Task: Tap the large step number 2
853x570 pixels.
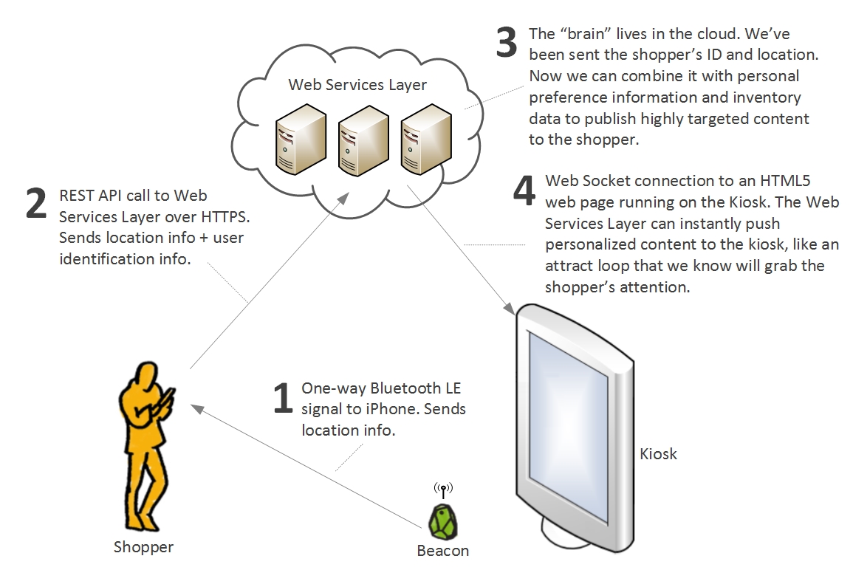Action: pos(36,204)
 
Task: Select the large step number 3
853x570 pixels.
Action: pos(506,42)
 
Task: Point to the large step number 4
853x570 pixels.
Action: pos(524,190)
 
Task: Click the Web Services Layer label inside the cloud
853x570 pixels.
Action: pos(357,85)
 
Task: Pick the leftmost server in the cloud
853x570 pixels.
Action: pos(301,140)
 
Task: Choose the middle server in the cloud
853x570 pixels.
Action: pos(363,140)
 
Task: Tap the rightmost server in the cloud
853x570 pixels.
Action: pos(426,140)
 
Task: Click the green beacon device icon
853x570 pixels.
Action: pos(443,521)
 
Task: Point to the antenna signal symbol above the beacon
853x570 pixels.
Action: pos(443,490)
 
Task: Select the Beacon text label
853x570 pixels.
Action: pos(443,550)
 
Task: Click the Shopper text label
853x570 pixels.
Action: pos(143,547)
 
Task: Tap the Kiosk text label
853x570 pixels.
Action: pos(658,454)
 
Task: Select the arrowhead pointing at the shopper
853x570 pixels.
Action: pos(196,408)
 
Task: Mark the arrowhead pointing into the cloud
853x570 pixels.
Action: pos(343,198)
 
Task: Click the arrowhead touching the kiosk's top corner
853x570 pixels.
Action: pos(510,309)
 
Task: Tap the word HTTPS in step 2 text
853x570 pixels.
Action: pos(224,217)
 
